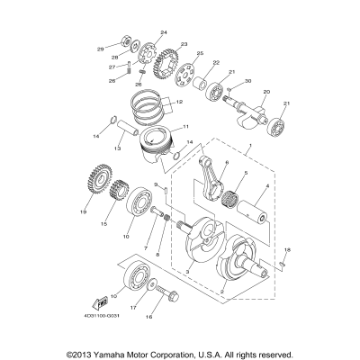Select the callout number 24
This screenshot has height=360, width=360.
click(x=163, y=32)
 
